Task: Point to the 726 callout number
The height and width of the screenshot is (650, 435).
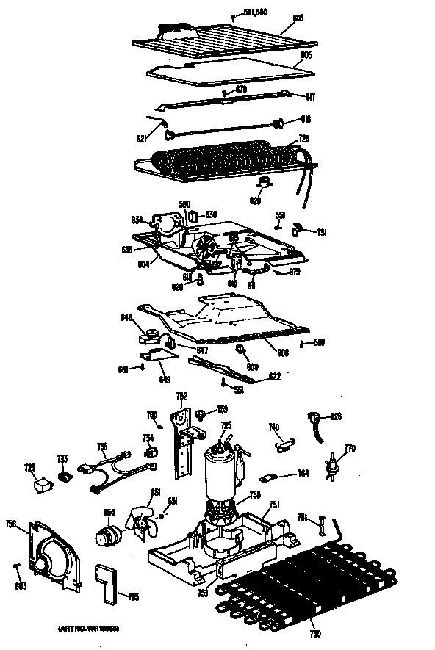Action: point(303,138)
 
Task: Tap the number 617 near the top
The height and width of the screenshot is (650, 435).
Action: point(312,95)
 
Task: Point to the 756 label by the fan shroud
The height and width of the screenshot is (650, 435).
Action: point(10,523)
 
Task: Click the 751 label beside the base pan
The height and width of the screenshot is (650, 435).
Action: point(273,505)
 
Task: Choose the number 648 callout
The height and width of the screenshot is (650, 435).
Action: point(126,317)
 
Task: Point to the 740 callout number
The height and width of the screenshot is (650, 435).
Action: point(273,427)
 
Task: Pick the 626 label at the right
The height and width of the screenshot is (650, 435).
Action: point(336,416)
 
